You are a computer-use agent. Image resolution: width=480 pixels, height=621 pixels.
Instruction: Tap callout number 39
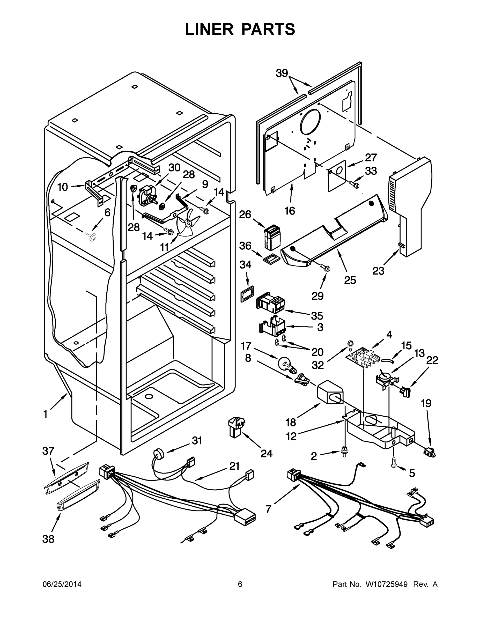282,73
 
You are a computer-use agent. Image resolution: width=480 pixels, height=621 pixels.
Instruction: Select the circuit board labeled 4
362,359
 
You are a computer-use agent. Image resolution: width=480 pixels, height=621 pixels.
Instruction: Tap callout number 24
266,454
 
